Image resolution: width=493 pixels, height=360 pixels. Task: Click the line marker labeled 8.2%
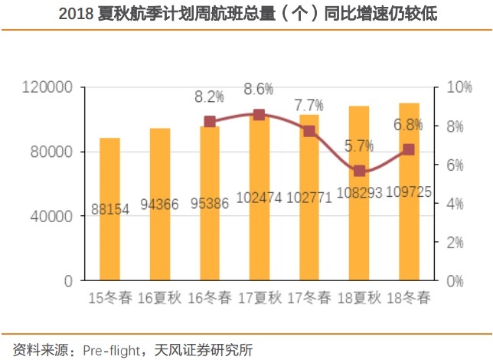[x=209, y=122]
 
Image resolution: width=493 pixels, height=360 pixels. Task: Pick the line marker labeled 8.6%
[x=259, y=114]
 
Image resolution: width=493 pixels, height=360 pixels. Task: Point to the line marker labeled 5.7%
[x=359, y=171]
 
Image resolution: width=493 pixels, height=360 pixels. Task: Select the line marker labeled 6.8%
[x=409, y=149]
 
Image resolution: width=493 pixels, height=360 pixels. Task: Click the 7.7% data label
[x=309, y=105]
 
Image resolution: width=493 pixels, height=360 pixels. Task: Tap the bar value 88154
[x=109, y=208]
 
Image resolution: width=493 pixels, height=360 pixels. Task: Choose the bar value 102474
[x=259, y=197]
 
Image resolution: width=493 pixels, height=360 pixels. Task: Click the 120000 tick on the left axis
[x=48, y=87]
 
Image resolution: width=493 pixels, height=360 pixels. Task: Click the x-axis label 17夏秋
[x=259, y=297]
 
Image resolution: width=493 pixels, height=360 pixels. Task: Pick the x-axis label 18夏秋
[x=359, y=297]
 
